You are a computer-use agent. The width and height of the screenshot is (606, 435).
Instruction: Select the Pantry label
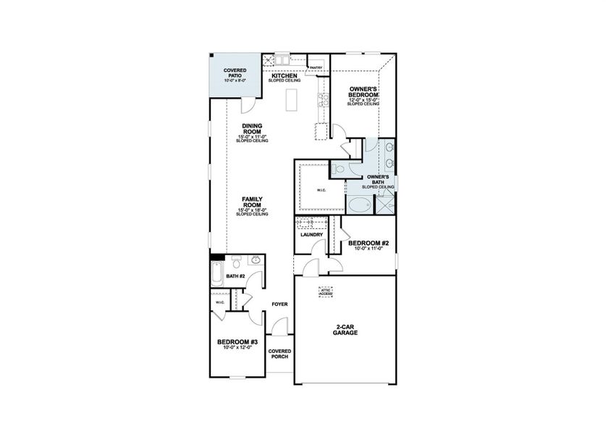(316, 68)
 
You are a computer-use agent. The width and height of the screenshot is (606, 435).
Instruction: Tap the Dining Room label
(252, 128)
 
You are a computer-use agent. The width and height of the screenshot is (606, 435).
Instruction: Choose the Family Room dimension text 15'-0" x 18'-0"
(252, 210)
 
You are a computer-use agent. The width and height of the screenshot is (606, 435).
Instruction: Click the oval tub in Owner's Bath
(358, 204)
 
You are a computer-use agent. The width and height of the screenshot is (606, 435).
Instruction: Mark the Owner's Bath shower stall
(385, 205)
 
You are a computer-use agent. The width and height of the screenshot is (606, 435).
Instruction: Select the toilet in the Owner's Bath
(341, 168)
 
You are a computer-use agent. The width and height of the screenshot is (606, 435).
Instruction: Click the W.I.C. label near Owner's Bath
(321, 191)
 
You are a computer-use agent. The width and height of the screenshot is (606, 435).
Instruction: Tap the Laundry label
(311, 235)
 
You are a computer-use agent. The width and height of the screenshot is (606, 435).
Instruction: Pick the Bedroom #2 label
(369, 244)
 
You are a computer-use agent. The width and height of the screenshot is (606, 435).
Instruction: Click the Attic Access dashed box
(327, 291)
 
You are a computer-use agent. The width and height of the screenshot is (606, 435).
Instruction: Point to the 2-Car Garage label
(345, 328)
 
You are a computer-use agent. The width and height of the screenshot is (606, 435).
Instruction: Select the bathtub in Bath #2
(216, 275)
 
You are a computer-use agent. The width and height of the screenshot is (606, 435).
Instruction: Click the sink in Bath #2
(255, 261)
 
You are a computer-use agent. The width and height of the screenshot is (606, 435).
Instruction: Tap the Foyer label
(279, 304)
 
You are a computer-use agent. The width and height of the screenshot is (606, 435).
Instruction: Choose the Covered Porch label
(279, 354)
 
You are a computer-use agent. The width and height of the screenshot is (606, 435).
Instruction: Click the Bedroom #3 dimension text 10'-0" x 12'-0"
(237, 347)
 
